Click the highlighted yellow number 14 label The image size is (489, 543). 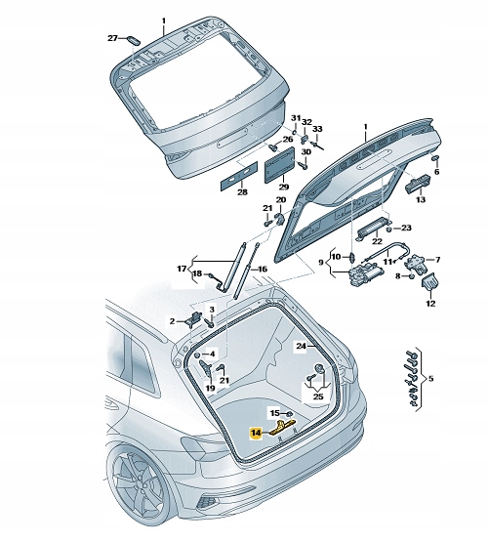coord(256,431)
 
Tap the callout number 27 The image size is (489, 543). coord(111,38)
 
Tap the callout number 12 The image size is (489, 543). coord(430,303)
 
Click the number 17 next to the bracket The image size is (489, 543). coord(181,269)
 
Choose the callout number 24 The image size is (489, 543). coord(302,346)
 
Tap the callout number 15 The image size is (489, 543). coord(274,414)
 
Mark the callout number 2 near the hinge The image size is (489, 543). coord(172,320)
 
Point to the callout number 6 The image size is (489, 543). coord(436,172)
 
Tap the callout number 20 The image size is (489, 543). coord(280,201)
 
